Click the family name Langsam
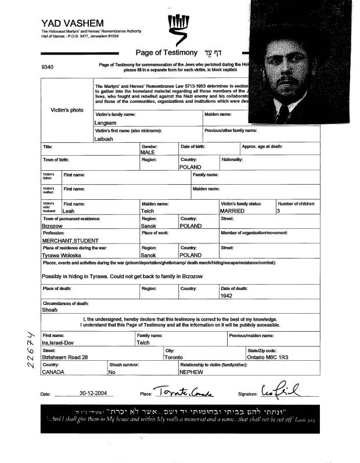pyautogui.click(x=105, y=123)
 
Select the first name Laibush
pyautogui.click(x=105, y=139)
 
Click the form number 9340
pyautogui.click(x=48, y=67)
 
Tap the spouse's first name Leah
pyautogui.click(x=69, y=211)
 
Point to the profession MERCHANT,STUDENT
pyautogui.click(x=70, y=240)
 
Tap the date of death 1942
pyautogui.click(x=226, y=295)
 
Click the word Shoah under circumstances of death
pyautogui.click(x=50, y=310)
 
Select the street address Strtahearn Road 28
pyautogui.click(x=64, y=357)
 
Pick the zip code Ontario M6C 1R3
pyautogui.click(x=270, y=357)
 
